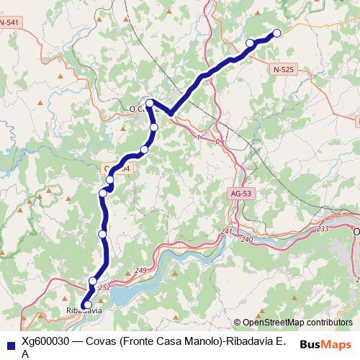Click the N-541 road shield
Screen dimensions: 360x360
(x=9, y=23)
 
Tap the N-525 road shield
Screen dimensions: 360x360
(x=284, y=69)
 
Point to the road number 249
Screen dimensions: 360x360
(x=140, y=270)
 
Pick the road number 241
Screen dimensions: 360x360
(x=227, y=231)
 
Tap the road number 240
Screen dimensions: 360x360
(x=247, y=239)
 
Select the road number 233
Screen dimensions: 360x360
(x=322, y=228)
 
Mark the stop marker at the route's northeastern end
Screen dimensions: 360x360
(x=276, y=32)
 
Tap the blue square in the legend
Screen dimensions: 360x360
(x=9, y=342)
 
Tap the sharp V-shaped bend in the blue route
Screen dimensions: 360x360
(x=170, y=113)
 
